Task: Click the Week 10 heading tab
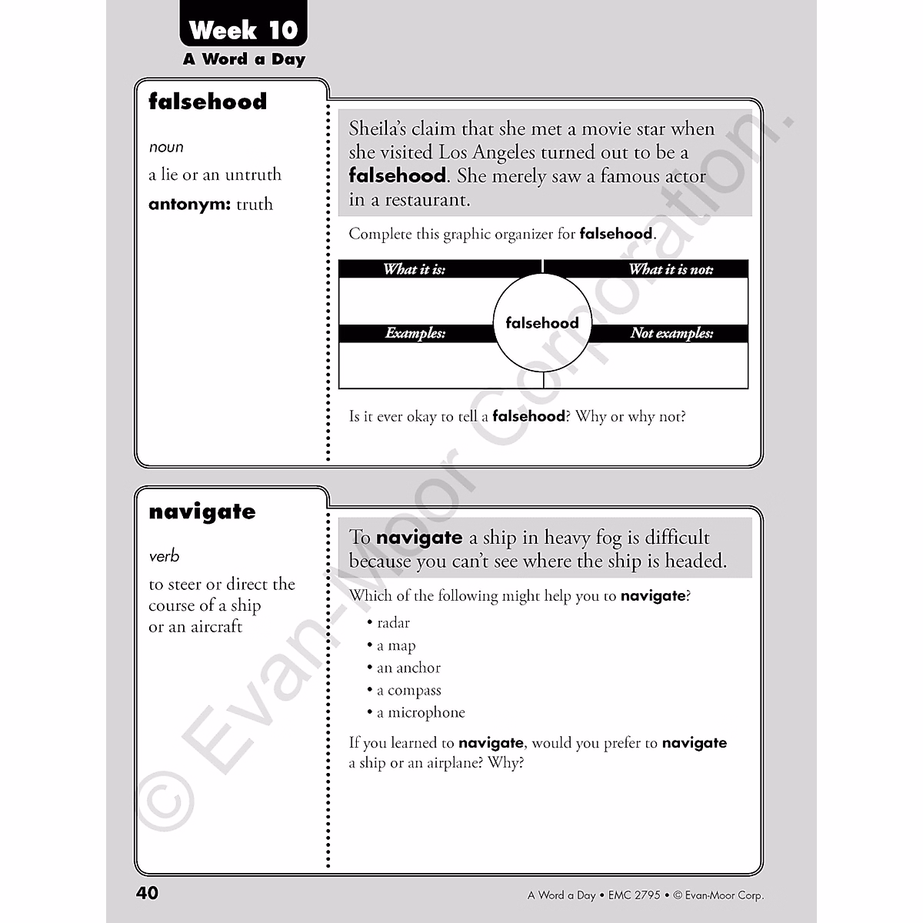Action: click(243, 30)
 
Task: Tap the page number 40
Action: click(147, 892)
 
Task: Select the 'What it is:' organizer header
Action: click(415, 269)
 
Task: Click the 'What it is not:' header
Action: click(671, 269)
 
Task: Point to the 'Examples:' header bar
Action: click(415, 333)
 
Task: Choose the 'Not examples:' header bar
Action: click(671, 333)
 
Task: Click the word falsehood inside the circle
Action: click(542, 323)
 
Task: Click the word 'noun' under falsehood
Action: click(166, 147)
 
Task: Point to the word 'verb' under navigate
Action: click(164, 556)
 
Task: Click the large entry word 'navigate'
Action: click(202, 512)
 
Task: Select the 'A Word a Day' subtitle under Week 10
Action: click(244, 59)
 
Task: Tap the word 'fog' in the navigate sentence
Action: click(608, 538)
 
